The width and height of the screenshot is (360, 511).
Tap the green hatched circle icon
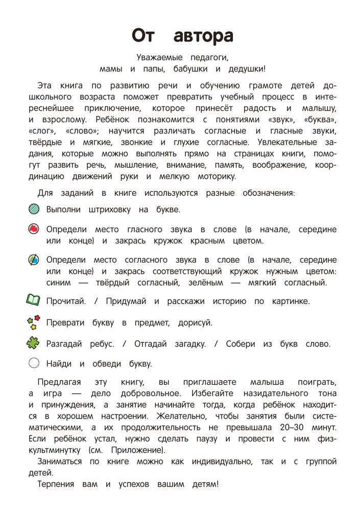pyautogui.click(x=34, y=209)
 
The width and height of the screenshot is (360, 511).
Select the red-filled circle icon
pyautogui.click(x=34, y=229)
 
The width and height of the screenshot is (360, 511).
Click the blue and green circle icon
pyautogui.click(x=34, y=260)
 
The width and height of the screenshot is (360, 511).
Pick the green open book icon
pyautogui.click(x=33, y=300)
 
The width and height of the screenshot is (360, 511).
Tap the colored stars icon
pyautogui.click(x=33, y=322)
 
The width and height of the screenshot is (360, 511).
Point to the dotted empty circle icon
pyautogui.click(x=34, y=363)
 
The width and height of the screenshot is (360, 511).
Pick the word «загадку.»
pyautogui.click(x=186, y=344)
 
